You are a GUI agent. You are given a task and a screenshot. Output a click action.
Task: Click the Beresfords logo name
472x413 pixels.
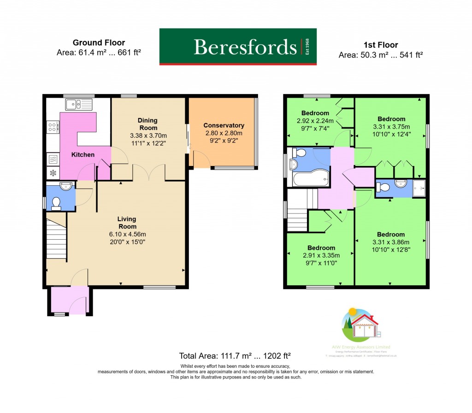click(245, 47)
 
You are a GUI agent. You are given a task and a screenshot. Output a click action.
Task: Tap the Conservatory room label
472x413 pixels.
click(224, 125)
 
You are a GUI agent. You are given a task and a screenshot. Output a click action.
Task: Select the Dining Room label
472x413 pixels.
click(147, 124)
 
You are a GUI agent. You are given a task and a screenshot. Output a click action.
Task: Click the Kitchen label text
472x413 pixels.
click(83, 155)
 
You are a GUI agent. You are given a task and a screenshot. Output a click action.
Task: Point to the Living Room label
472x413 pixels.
click(127, 223)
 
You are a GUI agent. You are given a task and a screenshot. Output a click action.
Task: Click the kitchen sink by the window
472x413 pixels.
click(79, 105)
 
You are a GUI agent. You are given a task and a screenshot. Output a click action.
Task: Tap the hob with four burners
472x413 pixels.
click(53, 127)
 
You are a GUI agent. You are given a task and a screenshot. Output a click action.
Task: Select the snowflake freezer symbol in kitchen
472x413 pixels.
click(53, 173)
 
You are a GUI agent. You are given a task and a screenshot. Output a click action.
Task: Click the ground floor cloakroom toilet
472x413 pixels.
click(57, 203)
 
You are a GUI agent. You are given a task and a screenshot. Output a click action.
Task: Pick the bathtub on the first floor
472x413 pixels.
click(311, 178)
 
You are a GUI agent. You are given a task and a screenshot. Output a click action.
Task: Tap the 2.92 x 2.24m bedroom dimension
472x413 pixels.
click(315, 121)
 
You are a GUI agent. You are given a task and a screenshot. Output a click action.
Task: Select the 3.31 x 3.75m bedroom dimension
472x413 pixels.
click(391, 127)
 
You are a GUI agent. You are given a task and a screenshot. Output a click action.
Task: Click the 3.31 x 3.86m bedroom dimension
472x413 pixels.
click(391, 242)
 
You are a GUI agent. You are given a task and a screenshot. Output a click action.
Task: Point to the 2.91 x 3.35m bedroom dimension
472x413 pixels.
click(321, 255)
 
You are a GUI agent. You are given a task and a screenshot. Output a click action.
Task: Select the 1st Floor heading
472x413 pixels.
click(381, 45)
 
